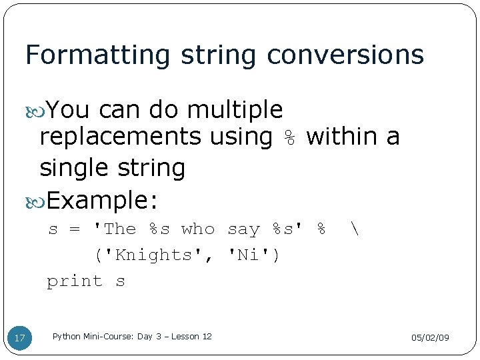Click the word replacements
coord(120,137)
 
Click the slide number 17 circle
coord(20,338)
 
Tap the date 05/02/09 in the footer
coord(430,338)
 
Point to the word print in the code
coord(74,281)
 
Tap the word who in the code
coord(198,229)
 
